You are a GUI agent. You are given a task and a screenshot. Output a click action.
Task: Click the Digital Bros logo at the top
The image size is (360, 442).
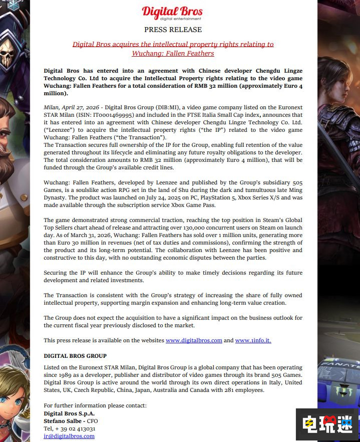tap(173, 13)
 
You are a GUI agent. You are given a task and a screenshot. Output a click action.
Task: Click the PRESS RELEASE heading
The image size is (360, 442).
tap(173, 30)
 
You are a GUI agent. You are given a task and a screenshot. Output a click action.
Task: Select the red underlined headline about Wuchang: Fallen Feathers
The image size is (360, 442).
tap(173, 49)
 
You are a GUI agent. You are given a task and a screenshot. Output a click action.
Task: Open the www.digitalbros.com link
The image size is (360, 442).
tap(194, 340)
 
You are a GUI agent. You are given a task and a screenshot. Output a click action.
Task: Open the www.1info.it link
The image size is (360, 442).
tap(253, 340)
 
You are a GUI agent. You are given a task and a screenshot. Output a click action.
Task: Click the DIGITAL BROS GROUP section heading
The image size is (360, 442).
tap(75, 356)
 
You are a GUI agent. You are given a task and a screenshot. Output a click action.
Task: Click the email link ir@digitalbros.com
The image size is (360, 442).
tap(69, 436)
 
